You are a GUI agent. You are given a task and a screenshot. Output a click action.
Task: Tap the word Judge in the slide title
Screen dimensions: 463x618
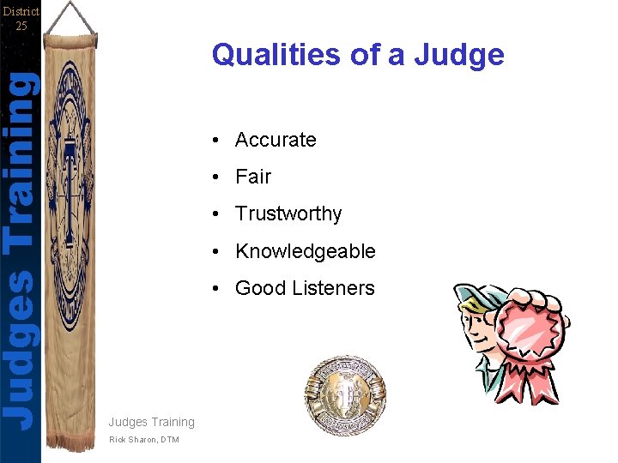click(459, 56)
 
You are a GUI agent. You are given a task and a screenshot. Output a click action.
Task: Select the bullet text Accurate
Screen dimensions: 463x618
click(276, 140)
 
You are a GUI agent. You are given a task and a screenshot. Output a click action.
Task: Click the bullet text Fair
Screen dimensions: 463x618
click(253, 177)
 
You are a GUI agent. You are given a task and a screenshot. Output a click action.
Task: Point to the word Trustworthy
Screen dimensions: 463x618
click(288, 213)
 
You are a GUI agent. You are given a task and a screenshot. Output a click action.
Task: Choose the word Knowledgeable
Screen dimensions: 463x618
click(306, 251)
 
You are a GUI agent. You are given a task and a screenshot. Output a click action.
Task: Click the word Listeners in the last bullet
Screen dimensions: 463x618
click(331, 288)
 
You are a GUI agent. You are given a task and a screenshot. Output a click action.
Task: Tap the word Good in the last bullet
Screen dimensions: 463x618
click(259, 288)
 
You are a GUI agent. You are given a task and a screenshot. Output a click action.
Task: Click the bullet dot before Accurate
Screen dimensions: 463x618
click(221, 141)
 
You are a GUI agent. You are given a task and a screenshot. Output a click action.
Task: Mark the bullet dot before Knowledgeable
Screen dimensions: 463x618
click(221, 252)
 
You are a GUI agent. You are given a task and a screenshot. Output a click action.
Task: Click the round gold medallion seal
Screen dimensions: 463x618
click(345, 395)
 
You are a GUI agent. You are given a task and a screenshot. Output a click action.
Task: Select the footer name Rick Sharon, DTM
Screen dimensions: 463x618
click(144, 440)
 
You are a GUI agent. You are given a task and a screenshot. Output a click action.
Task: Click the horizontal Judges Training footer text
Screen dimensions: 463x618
click(152, 422)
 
